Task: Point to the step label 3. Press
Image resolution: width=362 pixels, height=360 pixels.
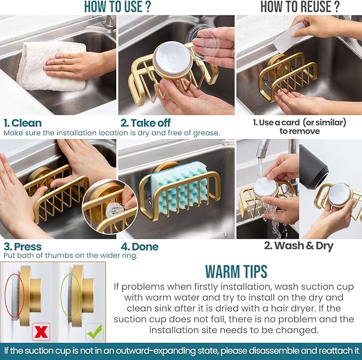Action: [23, 246]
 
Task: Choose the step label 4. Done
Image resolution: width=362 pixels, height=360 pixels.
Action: [139, 247]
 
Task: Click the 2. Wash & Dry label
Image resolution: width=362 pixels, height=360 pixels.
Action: [299, 246]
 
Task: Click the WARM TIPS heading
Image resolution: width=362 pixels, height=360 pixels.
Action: [236, 271]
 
